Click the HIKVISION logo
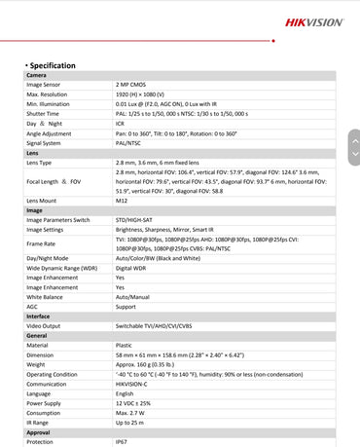314,22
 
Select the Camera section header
36,75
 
